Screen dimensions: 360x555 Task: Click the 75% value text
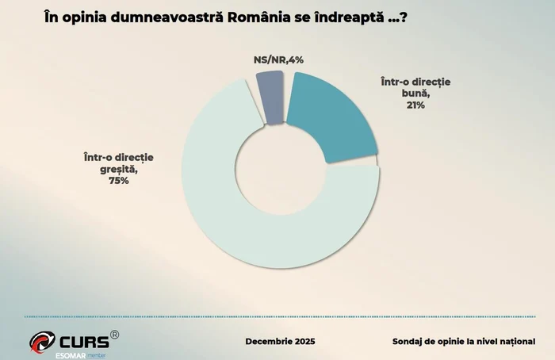(x=118, y=181)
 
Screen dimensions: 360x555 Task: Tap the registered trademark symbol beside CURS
(x=114, y=335)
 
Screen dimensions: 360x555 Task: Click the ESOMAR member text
(x=78, y=355)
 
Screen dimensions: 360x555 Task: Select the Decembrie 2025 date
(x=281, y=342)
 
